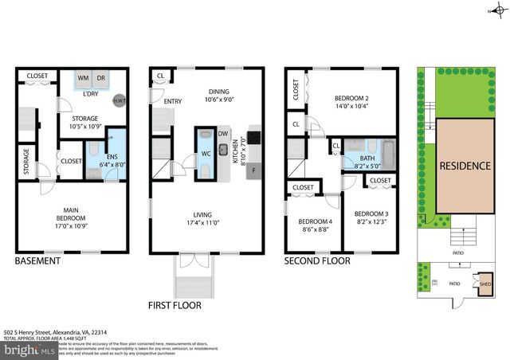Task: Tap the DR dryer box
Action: (101, 80)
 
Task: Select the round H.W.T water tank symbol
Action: (120, 101)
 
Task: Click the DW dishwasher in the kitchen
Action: (223, 134)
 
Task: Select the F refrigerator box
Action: (253, 170)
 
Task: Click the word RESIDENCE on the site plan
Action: (464, 167)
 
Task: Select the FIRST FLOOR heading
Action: (174, 304)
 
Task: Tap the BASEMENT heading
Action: (38, 260)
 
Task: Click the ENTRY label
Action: (173, 101)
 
